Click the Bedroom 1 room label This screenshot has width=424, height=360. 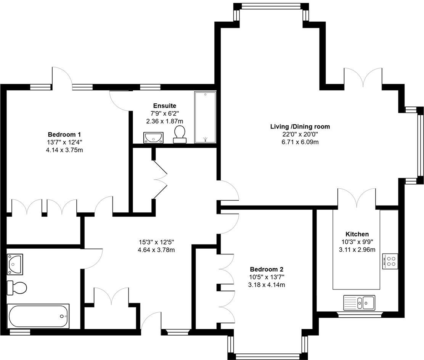point(64,135)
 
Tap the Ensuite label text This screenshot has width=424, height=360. point(164,106)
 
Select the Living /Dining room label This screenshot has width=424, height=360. point(300,127)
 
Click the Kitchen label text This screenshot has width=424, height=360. point(357,234)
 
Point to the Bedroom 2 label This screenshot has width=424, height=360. point(267,269)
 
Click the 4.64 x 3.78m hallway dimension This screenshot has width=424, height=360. point(156,250)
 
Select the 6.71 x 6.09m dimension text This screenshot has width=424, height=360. point(300,142)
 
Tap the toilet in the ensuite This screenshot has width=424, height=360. point(180,135)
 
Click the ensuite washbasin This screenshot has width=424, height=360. point(154,137)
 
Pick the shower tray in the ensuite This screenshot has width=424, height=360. point(205,117)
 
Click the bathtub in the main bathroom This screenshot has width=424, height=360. point(38,316)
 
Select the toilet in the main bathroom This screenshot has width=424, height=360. point(17,287)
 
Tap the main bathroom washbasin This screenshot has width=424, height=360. point(15,264)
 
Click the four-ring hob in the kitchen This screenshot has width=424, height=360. point(390,261)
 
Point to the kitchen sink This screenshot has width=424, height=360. point(359,302)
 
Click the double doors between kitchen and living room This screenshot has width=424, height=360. point(357,198)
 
